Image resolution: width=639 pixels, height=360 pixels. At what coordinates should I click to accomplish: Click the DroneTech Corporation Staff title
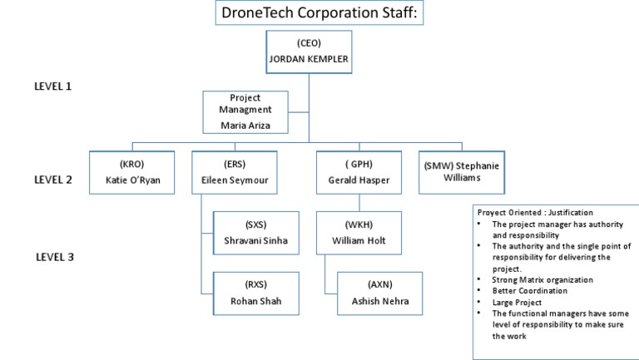click(319, 13)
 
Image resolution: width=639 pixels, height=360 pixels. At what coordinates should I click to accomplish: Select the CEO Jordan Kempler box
click(308, 52)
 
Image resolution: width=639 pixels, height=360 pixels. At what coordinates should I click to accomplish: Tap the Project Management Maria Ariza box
click(245, 112)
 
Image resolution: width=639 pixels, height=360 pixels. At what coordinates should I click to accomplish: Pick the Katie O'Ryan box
click(131, 172)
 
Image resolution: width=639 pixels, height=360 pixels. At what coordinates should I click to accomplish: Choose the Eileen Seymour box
click(235, 172)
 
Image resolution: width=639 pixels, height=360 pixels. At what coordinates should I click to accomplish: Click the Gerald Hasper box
click(359, 172)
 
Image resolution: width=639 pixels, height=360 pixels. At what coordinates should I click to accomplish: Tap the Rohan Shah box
click(256, 293)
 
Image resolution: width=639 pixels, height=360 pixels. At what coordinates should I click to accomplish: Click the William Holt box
click(359, 233)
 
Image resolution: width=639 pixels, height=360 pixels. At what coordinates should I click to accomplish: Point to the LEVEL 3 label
click(55, 257)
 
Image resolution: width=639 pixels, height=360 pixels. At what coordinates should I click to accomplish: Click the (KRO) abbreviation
click(131, 164)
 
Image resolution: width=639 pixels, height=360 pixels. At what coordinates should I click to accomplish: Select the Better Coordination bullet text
click(530, 291)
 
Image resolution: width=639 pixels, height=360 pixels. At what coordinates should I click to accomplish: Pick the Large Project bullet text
click(517, 303)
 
